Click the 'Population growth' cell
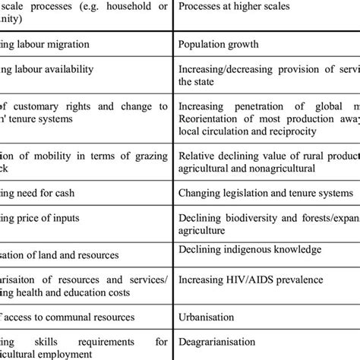pyautogui.click(x=218, y=44)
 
